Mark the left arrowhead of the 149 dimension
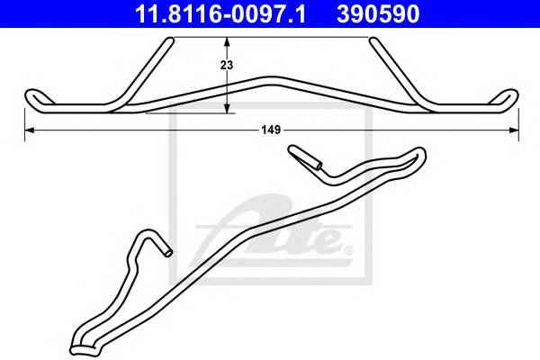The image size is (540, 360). coord(27,131)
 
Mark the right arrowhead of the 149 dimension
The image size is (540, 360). coord(514,131)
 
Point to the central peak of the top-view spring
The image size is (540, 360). coord(271,80)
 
